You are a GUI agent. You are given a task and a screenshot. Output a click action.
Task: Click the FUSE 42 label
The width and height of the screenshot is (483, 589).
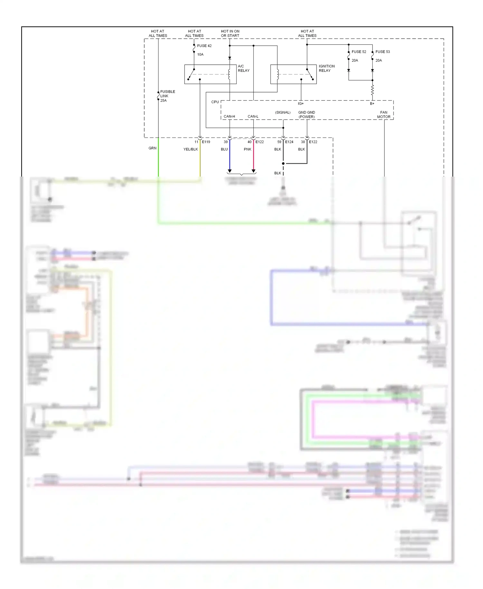[x=204, y=46]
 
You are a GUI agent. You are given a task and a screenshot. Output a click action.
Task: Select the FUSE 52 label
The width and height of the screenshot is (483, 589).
[x=359, y=52]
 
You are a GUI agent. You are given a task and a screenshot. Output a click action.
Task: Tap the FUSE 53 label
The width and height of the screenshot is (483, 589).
[x=383, y=52]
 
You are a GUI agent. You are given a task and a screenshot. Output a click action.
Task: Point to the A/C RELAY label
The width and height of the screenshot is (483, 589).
[x=243, y=68]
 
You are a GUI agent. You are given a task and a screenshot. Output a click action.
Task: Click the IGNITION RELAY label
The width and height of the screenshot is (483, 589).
[x=327, y=68]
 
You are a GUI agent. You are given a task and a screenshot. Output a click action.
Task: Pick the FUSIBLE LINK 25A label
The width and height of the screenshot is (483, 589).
[x=167, y=96]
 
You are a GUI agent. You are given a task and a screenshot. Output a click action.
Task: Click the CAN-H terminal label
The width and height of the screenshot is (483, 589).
[x=229, y=116]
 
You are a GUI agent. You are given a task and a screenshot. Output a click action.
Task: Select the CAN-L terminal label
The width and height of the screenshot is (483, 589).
[x=253, y=116]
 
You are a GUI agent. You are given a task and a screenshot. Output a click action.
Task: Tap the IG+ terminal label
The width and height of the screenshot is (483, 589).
[x=300, y=104]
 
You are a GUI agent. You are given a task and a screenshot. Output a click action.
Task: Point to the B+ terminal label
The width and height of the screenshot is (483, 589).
[x=372, y=104]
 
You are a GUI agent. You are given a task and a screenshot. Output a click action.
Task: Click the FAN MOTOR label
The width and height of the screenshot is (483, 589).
[x=384, y=115]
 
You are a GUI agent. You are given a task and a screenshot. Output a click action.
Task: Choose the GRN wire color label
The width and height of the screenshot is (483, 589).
[x=152, y=148]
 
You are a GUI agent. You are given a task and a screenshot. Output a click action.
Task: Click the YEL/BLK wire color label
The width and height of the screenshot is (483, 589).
[x=191, y=149]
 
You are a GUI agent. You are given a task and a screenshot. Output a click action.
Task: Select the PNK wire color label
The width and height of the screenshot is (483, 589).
[x=247, y=149]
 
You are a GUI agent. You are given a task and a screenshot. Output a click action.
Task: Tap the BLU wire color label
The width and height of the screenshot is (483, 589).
[x=224, y=149]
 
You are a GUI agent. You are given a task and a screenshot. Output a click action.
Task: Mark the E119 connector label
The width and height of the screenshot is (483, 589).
[x=206, y=142]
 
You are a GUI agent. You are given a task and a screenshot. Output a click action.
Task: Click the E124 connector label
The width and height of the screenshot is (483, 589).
[x=289, y=142]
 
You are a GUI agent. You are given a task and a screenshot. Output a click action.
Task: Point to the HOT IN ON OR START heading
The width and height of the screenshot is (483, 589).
[x=230, y=34]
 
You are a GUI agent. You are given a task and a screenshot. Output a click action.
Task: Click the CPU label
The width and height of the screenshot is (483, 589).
[x=215, y=102]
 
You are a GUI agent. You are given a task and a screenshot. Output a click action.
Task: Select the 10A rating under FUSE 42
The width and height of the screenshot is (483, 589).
[x=200, y=54]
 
